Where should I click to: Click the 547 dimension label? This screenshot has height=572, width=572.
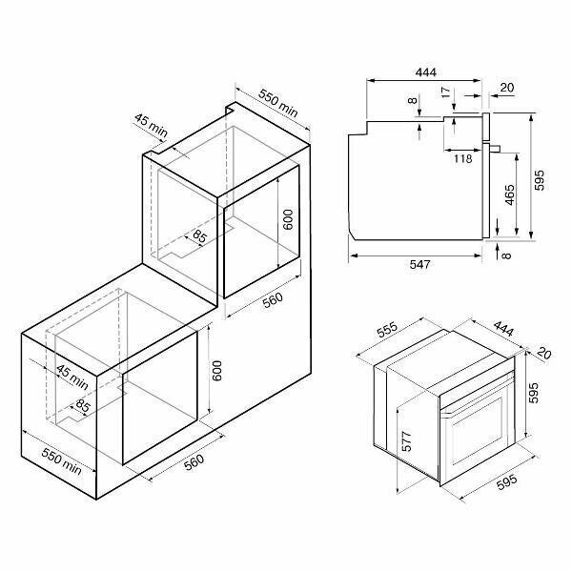[419, 264]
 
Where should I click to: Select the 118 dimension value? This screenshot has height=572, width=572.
[463, 158]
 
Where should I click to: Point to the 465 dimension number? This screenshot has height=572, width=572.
[510, 195]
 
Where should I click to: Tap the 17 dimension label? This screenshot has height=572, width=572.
[446, 92]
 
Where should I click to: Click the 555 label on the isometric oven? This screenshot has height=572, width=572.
[387, 330]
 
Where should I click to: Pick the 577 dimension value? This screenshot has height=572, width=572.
[406, 441]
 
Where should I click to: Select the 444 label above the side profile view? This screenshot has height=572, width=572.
[426, 72]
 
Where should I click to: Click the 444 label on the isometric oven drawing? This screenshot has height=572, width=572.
[503, 329]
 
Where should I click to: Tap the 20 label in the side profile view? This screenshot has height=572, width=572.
[507, 88]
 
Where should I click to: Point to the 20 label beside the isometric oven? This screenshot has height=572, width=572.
[544, 353]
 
